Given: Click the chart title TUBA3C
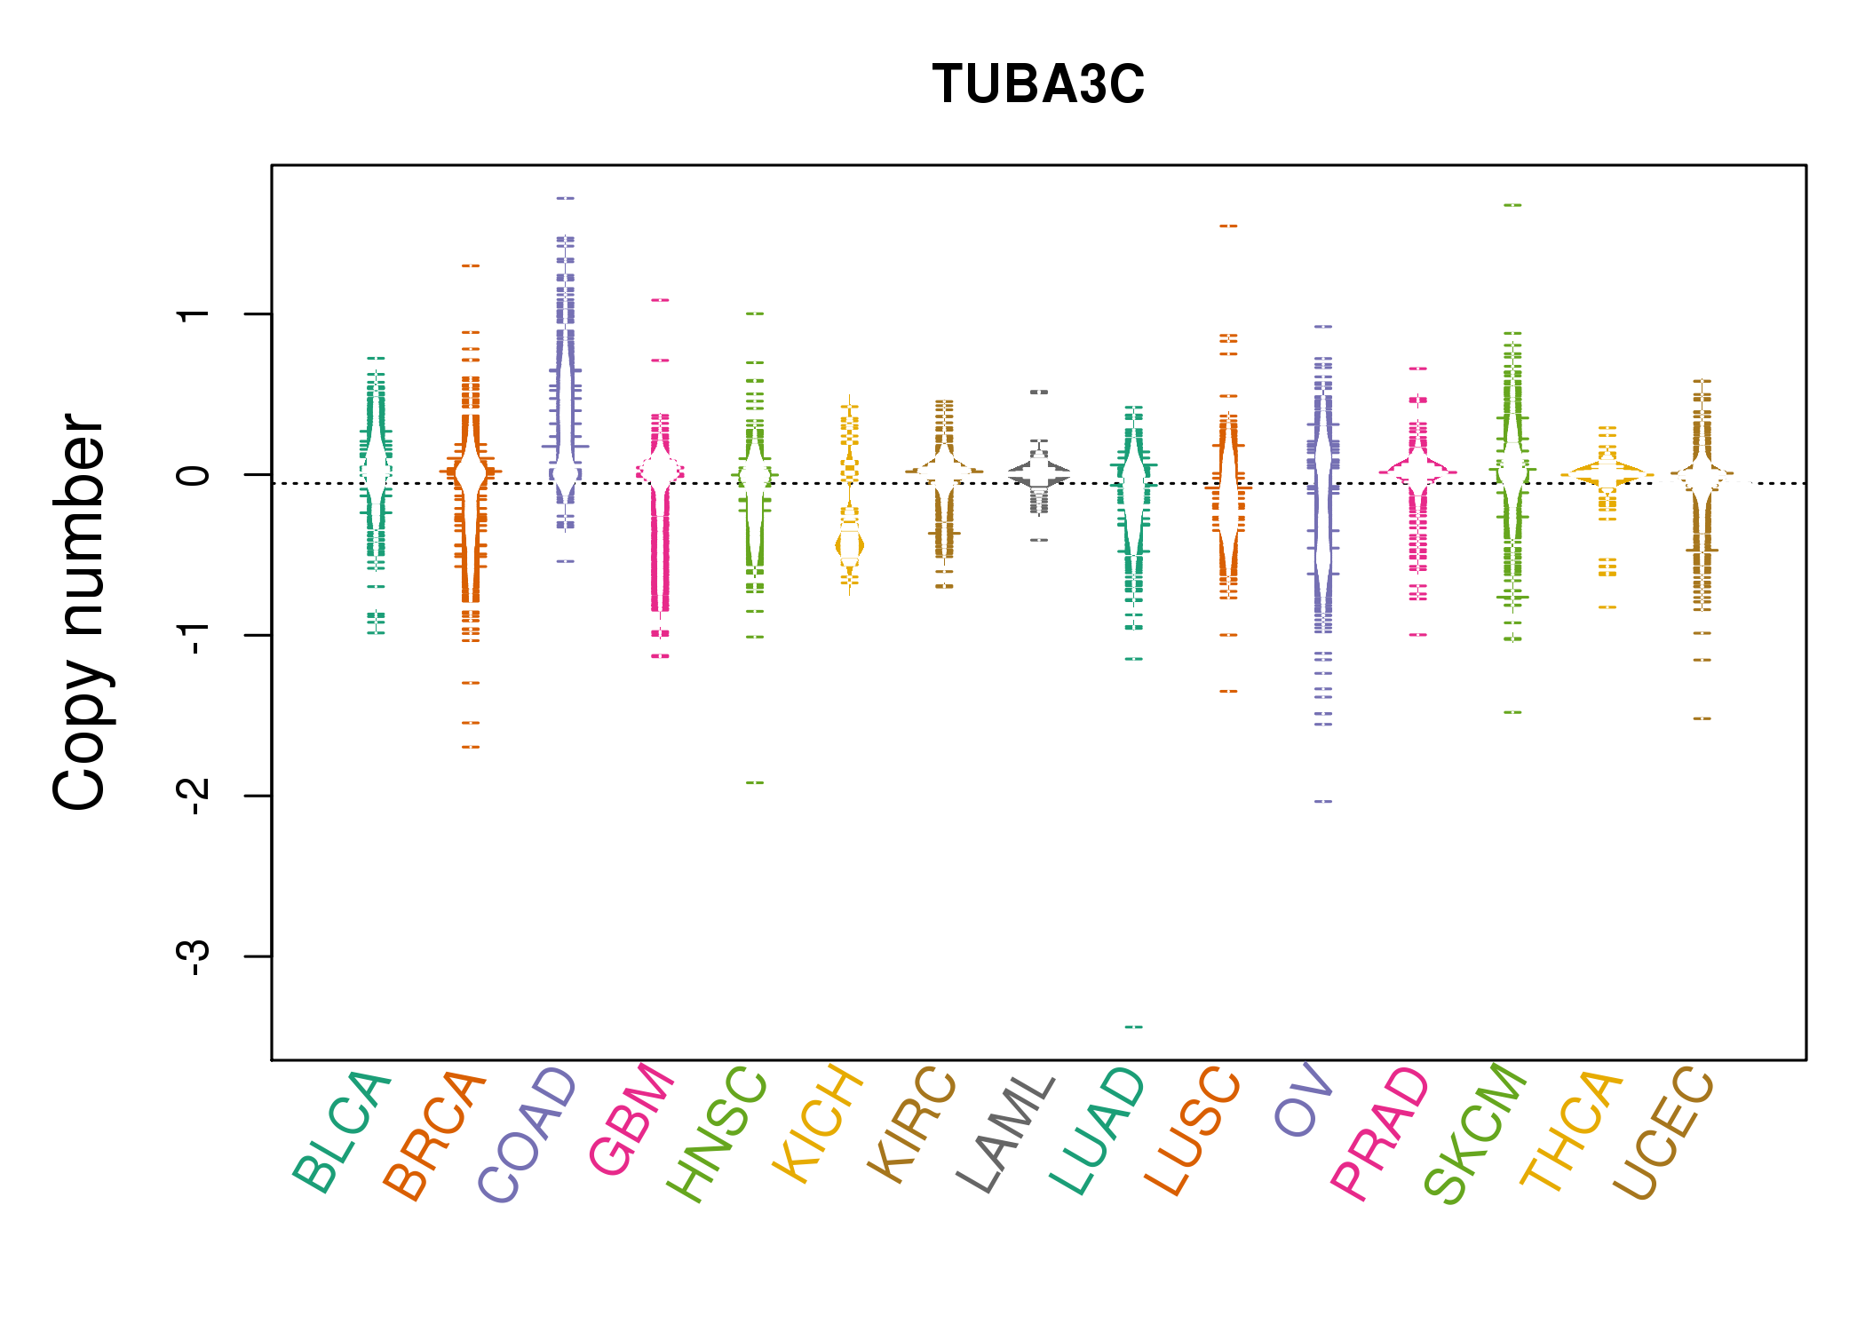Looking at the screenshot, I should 1038,84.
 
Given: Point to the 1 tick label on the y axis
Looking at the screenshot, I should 194,314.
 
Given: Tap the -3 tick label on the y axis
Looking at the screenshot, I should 194,956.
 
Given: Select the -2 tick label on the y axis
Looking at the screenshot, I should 194,796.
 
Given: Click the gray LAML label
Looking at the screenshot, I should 1005,1134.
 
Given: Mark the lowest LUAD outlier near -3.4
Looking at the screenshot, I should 1134,1027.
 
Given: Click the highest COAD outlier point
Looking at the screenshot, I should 566,198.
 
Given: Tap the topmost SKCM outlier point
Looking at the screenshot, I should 1512,205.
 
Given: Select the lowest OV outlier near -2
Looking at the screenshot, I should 1323,801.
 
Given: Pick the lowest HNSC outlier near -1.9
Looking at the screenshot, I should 755,782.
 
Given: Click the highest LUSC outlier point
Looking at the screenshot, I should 1228,226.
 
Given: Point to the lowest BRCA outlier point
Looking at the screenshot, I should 471,747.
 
